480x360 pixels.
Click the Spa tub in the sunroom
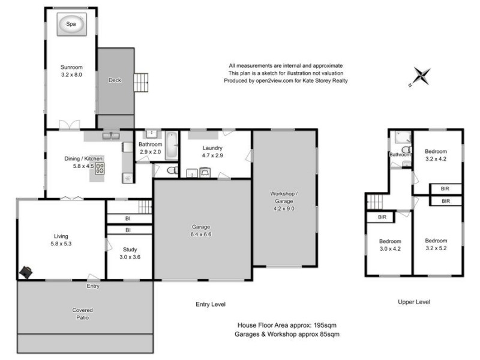(x=71, y=25)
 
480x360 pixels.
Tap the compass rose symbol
(x=422, y=76)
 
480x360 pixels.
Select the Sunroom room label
(x=71, y=67)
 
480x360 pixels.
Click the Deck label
(x=115, y=80)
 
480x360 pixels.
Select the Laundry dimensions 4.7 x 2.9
(x=212, y=155)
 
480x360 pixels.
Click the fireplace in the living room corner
(x=26, y=272)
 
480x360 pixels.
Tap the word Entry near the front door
(x=92, y=286)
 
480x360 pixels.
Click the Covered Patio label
(x=84, y=314)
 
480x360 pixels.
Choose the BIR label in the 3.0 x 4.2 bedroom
(x=382, y=217)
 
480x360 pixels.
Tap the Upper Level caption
(x=414, y=302)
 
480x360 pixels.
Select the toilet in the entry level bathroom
(x=171, y=171)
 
